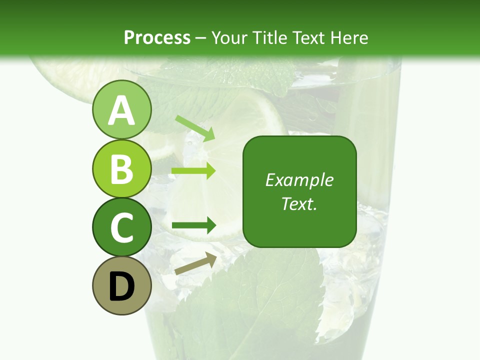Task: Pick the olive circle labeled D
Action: [x=121, y=285]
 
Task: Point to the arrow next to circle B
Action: [x=193, y=171]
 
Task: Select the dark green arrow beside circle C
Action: [x=193, y=225]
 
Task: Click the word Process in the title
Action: [x=157, y=37]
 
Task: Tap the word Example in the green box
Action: [x=299, y=180]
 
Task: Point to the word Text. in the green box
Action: [x=299, y=203]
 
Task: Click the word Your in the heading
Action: [x=230, y=37]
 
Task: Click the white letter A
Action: [x=121, y=111]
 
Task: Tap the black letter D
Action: [x=121, y=286]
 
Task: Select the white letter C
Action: [x=121, y=227]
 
